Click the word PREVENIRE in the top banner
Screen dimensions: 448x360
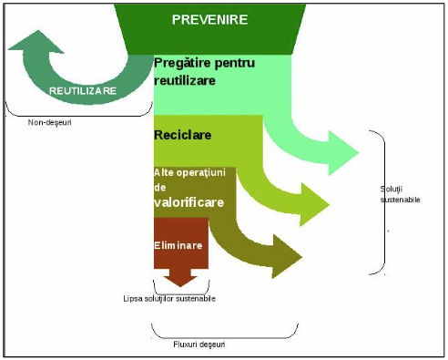pyautogui.click(x=209, y=20)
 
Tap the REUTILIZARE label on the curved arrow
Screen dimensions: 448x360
pyautogui.click(x=83, y=91)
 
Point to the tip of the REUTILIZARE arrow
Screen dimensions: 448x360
pyautogui.click(x=38, y=30)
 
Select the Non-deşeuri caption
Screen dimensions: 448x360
pyautogui.click(x=50, y=122)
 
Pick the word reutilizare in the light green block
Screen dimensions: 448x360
pyautogui.click(x=185, y=81)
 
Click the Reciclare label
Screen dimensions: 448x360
pyautogui.click(x=183, y=135)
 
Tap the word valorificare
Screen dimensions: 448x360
pyautogui.click(x=189, y=202)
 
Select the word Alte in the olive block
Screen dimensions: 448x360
pyautogui.click(x=164, y=172)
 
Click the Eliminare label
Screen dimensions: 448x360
pyautogui.click(x=178, y=245)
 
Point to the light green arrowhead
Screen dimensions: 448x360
pyautogui.click(x=343, y=153)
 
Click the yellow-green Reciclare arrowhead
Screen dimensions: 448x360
pyautogui.click(x=314, y=204)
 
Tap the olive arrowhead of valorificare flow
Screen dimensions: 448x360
pyautogui.click(x=287, y=256)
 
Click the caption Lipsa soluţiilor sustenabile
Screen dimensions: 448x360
pyautogui.click(x=169, y=299)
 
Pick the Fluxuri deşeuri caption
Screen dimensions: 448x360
pyautogui.click(x=199, y=345)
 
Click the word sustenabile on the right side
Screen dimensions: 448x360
pyautogui.click(x=400, y=200)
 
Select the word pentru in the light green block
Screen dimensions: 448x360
pyautogui.click(x=234, y=64)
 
